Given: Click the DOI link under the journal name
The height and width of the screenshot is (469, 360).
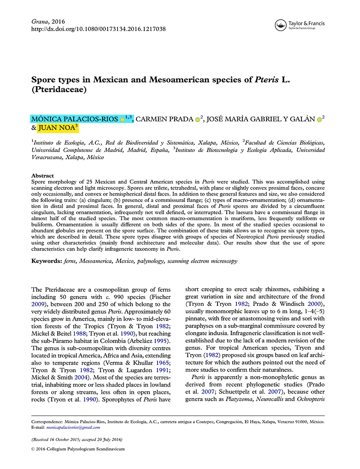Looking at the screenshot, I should click(x=98, y=29).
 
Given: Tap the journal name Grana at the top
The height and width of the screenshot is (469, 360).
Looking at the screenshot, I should click(x=40, y=21).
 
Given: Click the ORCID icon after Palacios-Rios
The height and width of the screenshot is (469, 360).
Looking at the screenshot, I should click(x=123, y=120).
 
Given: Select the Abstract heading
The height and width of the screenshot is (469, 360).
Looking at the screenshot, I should click(x=43, y=176).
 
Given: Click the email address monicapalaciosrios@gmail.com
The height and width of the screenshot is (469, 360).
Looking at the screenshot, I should click(x=73, y=427).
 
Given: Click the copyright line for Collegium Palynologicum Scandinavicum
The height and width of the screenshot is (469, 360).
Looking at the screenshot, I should click(x=77, y=449).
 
